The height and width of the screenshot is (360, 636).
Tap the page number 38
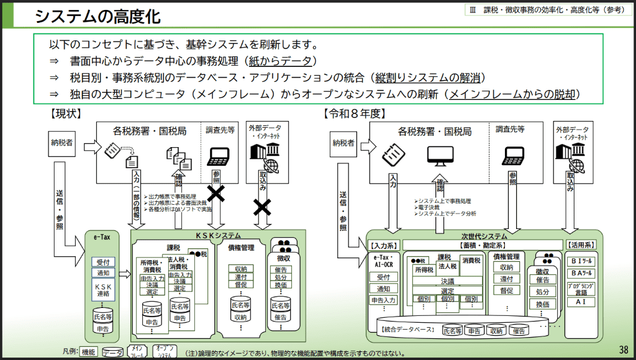coord(624,349)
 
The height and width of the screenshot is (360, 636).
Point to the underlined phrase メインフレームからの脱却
coord(514,94)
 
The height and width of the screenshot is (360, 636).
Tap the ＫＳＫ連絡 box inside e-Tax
coord(102,290)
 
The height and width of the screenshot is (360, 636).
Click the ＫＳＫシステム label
coord(218,235)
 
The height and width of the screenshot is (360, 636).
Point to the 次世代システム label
coord(485,236)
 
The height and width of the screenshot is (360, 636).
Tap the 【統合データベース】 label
coord(406,328)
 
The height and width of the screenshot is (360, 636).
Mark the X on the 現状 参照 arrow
coord(216,194)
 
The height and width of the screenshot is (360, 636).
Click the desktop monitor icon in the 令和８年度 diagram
coord(440,153)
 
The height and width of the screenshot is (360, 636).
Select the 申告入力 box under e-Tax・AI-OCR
coord(384,300)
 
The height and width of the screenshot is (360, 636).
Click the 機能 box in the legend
coord(89,352)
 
